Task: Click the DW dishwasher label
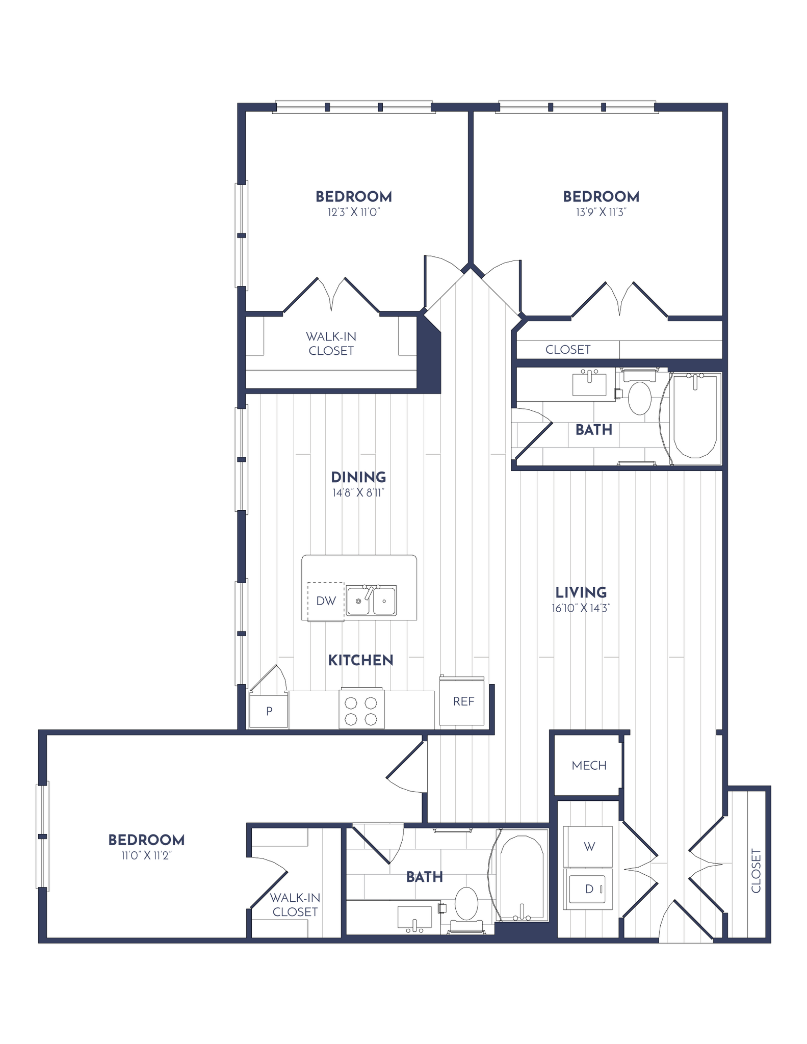pos(326,601)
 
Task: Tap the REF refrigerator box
pos(463,701)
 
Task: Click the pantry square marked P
pos(269,711)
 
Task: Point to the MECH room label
pos(589,765)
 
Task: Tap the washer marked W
pos(588,847)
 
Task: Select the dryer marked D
pos(588,889)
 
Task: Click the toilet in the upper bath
pos(639,397)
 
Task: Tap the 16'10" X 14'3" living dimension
pos(581,608)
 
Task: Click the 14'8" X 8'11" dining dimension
pos(358,493)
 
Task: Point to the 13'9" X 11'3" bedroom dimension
pos(601,212)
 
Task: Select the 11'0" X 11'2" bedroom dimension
pos(146,855)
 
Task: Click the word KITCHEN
pos(360,660)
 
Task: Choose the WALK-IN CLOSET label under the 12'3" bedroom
pos(331,344)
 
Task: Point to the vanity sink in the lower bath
pos(414,918)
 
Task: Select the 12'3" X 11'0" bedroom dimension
pos(354,212)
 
